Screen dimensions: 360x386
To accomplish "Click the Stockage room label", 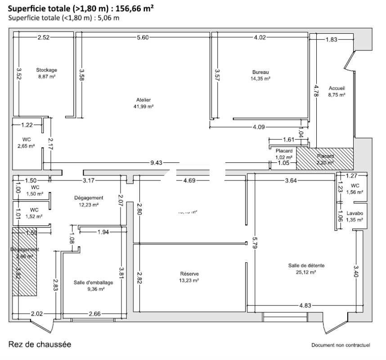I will [47, 70].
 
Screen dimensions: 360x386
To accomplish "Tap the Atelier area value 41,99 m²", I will [144, 107].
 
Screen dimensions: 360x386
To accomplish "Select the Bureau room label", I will [260, 72].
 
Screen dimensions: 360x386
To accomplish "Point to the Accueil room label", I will [337, 88].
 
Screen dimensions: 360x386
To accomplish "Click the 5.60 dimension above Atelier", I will [143, 38].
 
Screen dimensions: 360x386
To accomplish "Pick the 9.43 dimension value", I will [156, 163].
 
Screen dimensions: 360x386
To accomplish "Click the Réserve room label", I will [189, 274].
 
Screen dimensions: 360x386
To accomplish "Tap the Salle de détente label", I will [305, 265].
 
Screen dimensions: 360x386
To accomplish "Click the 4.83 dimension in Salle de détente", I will [305, 306].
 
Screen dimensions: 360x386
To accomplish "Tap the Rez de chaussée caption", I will [40, 344].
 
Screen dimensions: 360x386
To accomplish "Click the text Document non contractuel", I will [341, 345].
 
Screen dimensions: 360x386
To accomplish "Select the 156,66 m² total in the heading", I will [133, 9].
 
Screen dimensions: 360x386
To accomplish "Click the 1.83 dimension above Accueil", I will [331, 40].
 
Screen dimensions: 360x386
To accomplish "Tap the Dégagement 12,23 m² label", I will [89, 198].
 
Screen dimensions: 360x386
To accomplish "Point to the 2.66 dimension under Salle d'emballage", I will [95, 314].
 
